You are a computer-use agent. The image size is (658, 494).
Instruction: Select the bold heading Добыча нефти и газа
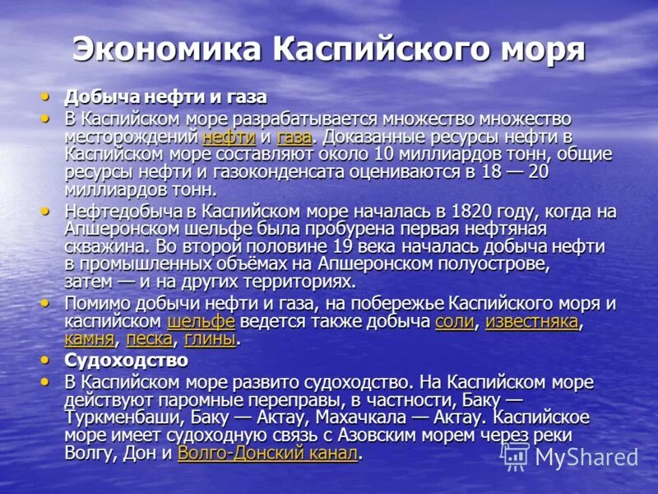[x=165, y=97]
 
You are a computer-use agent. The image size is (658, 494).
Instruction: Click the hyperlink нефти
[x=229, y=137]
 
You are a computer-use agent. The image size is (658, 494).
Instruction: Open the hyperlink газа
[x=294, y=137]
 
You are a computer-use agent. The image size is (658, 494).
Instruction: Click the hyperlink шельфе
[x=201, y=321]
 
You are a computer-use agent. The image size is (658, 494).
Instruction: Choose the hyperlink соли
[x=454, y=321]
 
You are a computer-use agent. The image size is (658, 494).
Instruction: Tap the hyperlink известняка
[x=531, y=321]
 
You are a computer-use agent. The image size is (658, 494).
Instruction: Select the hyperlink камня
[x=89, y=338]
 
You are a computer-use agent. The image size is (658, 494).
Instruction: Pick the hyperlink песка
[x=149, y=338]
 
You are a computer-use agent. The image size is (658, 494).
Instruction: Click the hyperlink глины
[x=210, y=338]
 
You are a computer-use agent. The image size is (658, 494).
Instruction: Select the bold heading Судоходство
[x=126, y=361]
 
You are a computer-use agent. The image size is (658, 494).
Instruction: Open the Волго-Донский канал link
[x=267, y=453]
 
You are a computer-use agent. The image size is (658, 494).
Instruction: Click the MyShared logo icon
[x=516, y=456]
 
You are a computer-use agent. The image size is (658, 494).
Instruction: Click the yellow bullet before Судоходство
[x=46, y=360]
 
